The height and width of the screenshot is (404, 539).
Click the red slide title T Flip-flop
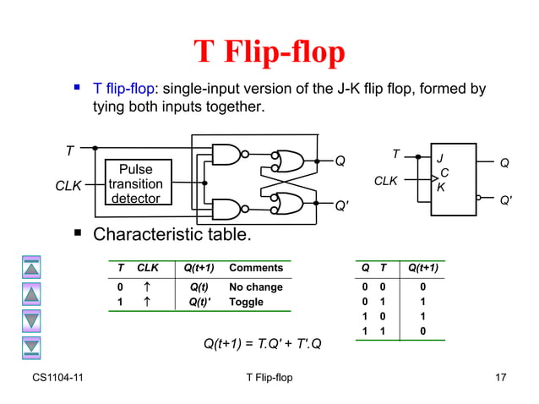click(x=269, y=52)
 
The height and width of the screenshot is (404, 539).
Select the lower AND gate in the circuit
click(x=226, y=209)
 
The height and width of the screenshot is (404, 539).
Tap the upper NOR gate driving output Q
click(x=289, y=161)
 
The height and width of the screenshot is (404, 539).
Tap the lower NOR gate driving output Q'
click(x=289, y=204)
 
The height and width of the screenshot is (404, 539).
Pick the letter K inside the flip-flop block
click(x=440, y=188)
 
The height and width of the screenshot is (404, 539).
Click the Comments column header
click(x=256, y=268)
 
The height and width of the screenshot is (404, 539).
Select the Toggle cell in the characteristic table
click(x=247, y=302)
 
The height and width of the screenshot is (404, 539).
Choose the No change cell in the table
click(x=256, y=287)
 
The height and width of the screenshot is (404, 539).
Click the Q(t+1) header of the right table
click(x=428, y=268)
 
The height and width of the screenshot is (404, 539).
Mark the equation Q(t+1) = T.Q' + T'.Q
click(x=268, y=343)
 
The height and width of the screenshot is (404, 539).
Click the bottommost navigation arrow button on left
click(x=31, y=347)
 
